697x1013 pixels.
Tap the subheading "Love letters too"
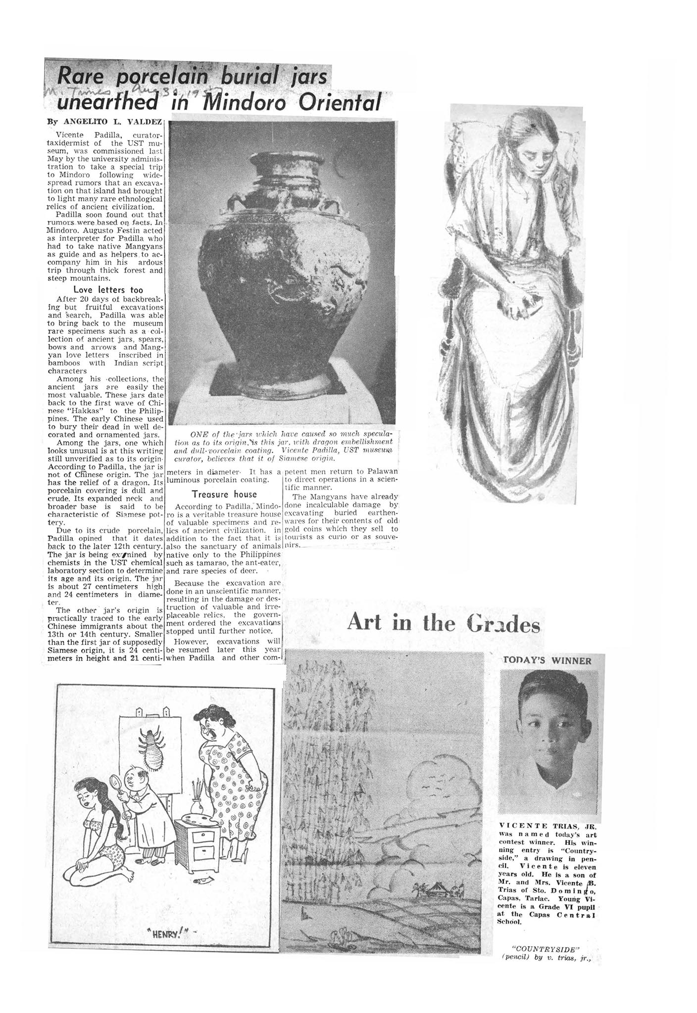tap(108, 289)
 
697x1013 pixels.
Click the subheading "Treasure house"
tap(224, 494)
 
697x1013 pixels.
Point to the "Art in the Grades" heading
tap(443, 623)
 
